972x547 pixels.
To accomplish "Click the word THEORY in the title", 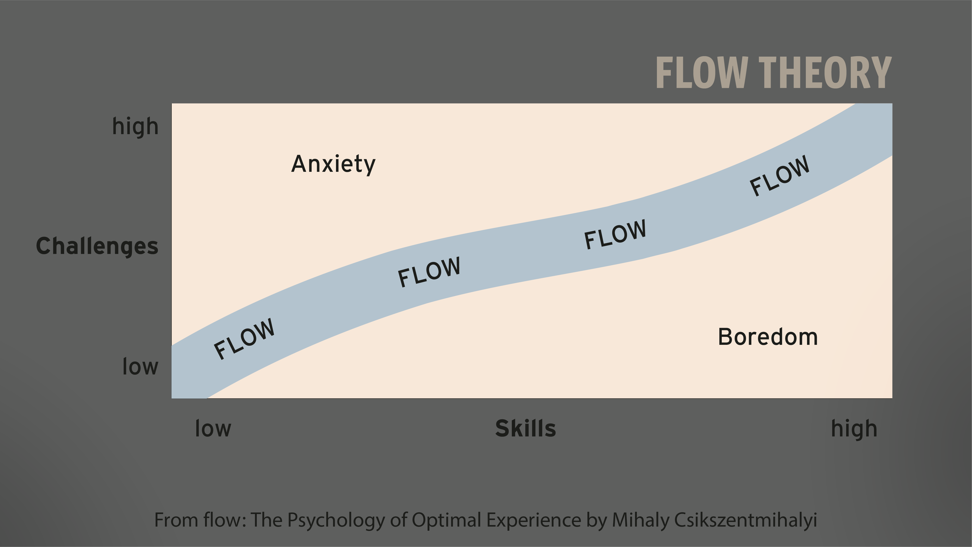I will click(x=825, y=73).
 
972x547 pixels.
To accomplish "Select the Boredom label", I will click(x=767, y=337).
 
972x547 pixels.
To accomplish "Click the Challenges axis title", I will click(x=97, y=246).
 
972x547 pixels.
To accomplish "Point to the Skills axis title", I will click(x=525, y=429).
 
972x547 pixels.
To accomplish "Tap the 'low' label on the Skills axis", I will click(x=213, y=429).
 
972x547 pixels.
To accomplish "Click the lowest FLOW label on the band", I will click(x=244, y=339).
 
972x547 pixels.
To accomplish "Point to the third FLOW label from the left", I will click(x=615, y=234).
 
